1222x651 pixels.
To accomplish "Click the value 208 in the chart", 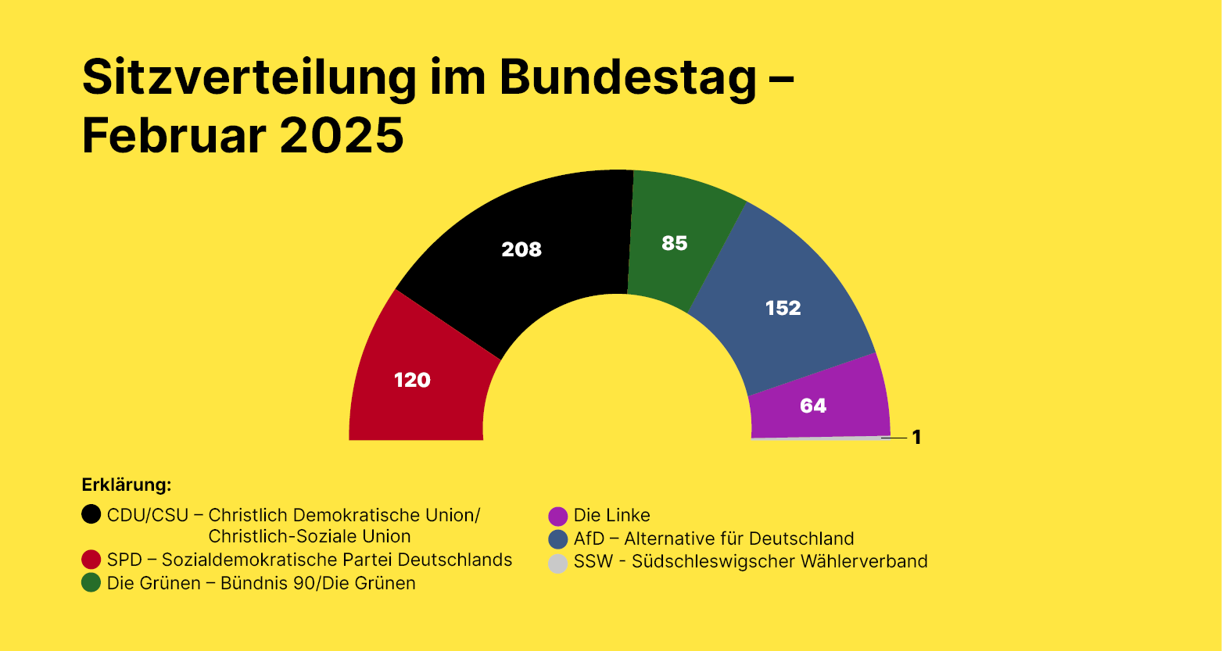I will (521, 249).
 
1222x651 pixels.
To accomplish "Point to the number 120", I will (412, 380).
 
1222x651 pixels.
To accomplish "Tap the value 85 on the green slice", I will (674, 243).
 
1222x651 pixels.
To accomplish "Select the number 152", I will (783, 308).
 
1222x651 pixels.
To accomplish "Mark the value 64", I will (813, 406).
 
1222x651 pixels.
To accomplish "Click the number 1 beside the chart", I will (917, 438).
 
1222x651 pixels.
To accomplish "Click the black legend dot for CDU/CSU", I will (91, 514).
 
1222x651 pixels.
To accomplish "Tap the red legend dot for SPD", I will (91, 560).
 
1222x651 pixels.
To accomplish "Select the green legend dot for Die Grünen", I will (91, 583).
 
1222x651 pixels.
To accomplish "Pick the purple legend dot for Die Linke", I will (557, 516).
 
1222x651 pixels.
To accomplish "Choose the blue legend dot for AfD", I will (557, 538).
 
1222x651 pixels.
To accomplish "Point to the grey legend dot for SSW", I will (557, 562).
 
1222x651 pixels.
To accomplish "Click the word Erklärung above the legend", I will (126, 485).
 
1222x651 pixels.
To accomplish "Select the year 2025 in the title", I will (342, 135).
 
